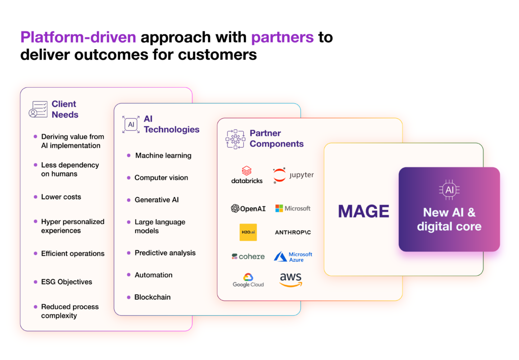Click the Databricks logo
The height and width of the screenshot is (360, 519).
click(247, 175)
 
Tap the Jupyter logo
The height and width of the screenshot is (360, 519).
click(293, 175)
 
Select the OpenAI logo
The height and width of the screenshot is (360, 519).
click(248, 208)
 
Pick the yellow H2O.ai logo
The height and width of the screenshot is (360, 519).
click(248, 232)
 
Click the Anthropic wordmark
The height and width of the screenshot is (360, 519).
click(293, 233)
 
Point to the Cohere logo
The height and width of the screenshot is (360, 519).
click(248, 257)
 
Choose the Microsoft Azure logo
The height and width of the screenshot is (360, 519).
click(293, 257)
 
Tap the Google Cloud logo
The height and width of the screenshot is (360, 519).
click(248, 280)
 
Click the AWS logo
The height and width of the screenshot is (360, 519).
click(290, 279)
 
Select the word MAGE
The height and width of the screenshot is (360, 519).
click(363, 211)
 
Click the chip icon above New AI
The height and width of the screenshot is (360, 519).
click(449, 190)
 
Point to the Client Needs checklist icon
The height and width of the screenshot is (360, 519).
click(38, 110)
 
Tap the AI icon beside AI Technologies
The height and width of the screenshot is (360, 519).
click(131, 125)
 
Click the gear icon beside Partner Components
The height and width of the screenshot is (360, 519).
click(235, 139)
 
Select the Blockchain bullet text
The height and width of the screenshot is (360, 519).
click(153, 297)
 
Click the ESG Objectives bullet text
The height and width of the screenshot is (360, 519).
click(66, 282)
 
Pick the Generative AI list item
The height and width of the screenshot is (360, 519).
click(157, 200)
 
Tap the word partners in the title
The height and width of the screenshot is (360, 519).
click(282, 37)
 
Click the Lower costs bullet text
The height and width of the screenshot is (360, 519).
click(61, 197)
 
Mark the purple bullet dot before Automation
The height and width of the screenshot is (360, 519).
click(129, 275)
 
